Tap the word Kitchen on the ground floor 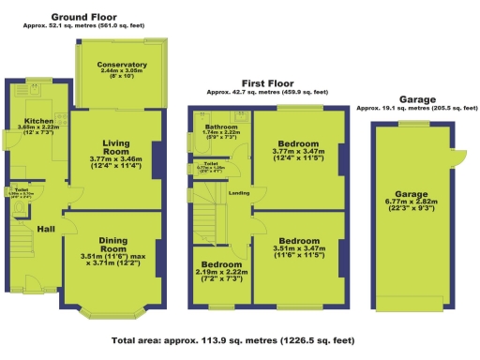(38, 121)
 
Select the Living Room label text (121, 147)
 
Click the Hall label (45, 229)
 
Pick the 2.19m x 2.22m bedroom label (222, 265)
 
